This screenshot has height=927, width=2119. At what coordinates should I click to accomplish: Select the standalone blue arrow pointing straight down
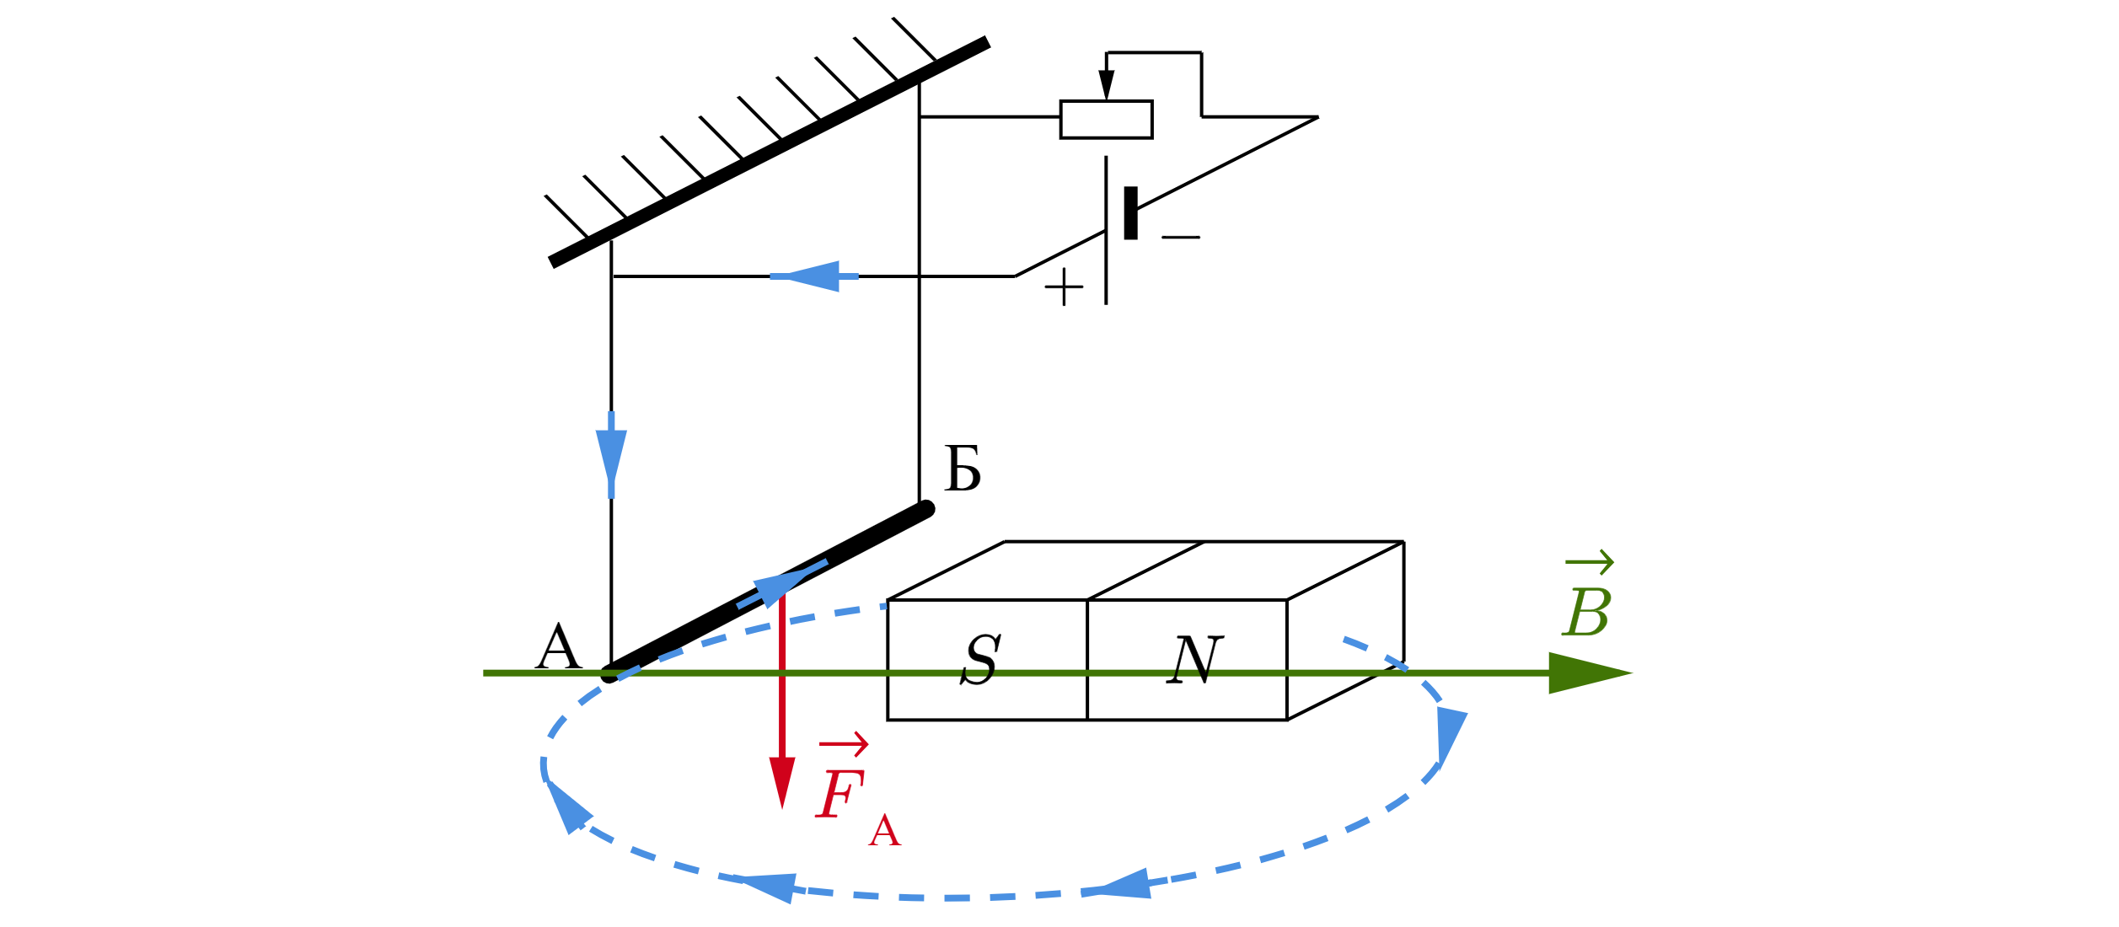[x=611, y=456]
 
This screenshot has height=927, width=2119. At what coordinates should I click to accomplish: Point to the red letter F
[x=840, y=795]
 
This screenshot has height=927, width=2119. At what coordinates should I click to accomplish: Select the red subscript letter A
[x=885, y=833]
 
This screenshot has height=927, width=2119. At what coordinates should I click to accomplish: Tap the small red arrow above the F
[x=844, y=744]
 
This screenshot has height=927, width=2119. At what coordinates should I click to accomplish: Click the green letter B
[x=1587, y=613]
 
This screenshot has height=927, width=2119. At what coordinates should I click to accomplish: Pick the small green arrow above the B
[x=1590, y=562]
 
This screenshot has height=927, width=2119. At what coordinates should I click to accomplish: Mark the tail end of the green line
[x=485, y=672]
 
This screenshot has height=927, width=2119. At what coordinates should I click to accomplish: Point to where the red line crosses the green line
[x=782, y=672]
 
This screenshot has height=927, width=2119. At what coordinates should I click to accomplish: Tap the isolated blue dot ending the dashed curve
[x=883, y=605]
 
